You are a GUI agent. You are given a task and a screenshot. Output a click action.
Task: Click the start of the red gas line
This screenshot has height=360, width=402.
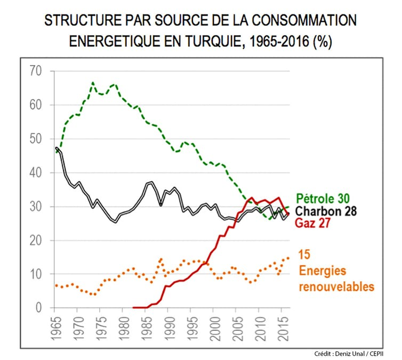pos(133,307)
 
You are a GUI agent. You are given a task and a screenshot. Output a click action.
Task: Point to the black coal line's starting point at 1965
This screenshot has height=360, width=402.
pos(57,148)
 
